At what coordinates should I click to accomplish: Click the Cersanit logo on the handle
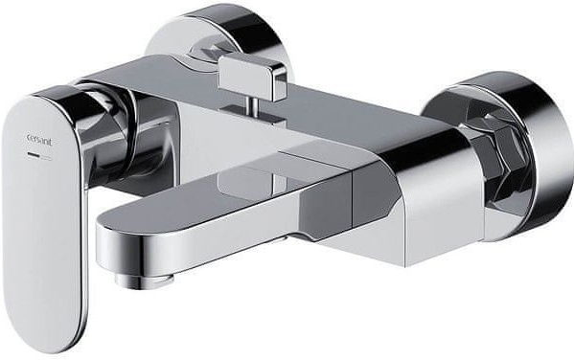(40, 141)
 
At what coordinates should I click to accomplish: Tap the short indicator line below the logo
(39, 156)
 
